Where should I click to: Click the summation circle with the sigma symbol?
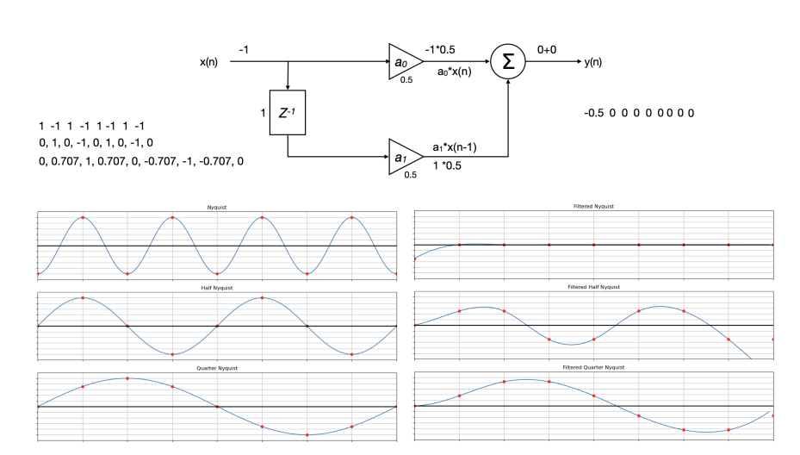[x=508, y=62]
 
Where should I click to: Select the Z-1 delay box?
[x=288, y=111]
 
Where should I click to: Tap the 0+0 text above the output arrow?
[x=547, y=50]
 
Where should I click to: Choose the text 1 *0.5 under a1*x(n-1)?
[x=447, y=165]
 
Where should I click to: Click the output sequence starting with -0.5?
[x=638, y=113]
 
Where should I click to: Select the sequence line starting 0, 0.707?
[x=140, y=161]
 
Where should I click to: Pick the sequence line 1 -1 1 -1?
[x=91, y=126]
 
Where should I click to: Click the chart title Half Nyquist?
[x=217, y=287]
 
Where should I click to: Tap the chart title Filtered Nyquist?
[x=593, y=207]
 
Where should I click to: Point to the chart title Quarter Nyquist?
[x=217, y=368]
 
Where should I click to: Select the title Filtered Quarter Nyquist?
[x=593, y=368]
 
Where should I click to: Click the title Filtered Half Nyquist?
[x=593, y=287]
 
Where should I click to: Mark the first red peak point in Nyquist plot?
[x=83, y=217]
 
